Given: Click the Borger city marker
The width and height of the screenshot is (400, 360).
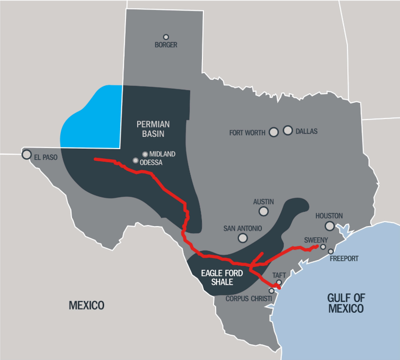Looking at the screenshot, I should pyautogui.click(x=166, y=37).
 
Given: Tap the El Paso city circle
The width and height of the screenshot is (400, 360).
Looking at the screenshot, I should pyautogui.click(x=26, y=154).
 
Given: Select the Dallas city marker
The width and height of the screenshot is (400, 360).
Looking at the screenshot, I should pyautogui.click(x=288, y=131).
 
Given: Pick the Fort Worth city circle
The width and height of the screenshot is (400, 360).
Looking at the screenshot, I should pyautogui.click(x=273, y=132).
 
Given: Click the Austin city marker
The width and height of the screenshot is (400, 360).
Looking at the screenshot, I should pyautogui.click(x=263, y=211).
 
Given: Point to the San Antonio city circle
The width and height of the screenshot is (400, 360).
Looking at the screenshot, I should pyautogui.click(x=242, y=238).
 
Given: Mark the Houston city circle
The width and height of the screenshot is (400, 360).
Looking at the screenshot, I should pyautogui.click(x=330, y=226).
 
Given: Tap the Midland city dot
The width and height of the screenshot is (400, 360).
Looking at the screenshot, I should pyautogui.click(x=145, y=154).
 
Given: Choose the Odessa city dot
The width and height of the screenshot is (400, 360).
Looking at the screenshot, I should pyautogui.click(x=135, y=160).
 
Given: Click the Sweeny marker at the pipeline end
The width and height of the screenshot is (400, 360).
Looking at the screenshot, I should pyautogui.click(x=323, y=247).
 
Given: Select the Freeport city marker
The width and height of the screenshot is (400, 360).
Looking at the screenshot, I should pyautogui.click(x=331, y=251).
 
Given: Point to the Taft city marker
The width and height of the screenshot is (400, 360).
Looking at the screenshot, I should pyautogui.click(x=279, y=283).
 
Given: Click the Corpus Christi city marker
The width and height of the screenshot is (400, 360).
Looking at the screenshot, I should pyautogui.click(x=272, y=291).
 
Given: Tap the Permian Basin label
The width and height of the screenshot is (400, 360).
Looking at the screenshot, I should pyautogui.click(x=150, y=129).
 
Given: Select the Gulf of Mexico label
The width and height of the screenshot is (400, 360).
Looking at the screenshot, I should pyautogui.click(x=346, y=303).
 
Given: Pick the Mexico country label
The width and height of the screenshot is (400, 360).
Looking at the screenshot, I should pyautogui.click(x=87, y=305).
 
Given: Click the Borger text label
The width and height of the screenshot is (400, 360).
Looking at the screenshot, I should pyautogui.click(x=166, y=45).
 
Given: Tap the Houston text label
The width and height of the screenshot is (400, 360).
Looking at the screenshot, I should pyautogui.click(x=329, y=216).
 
